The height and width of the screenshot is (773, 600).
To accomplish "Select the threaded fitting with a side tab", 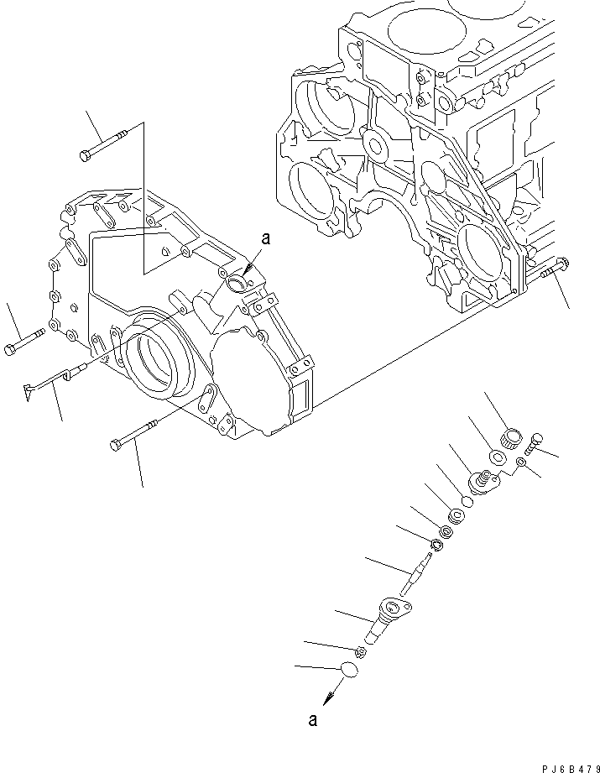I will click(486, 482).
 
